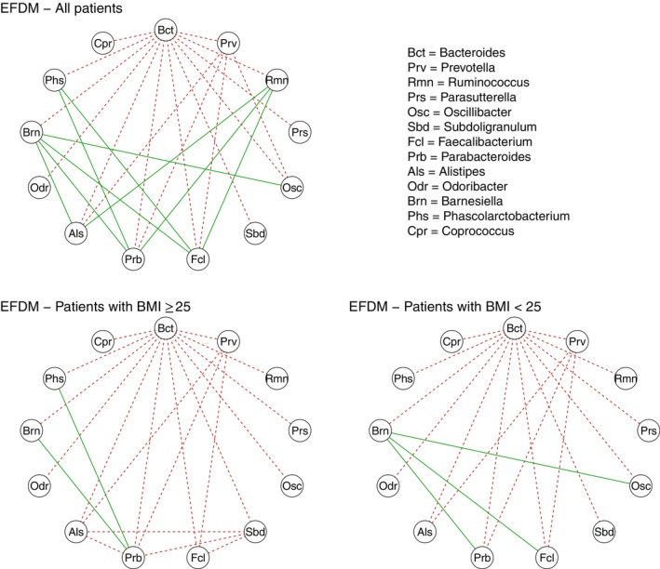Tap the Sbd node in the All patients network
(x=253, y=232)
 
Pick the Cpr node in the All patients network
(x=103, y=43)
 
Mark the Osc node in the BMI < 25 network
(x=640, y=486)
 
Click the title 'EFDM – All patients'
(x=64, y=8)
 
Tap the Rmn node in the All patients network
(x=277, y=80)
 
